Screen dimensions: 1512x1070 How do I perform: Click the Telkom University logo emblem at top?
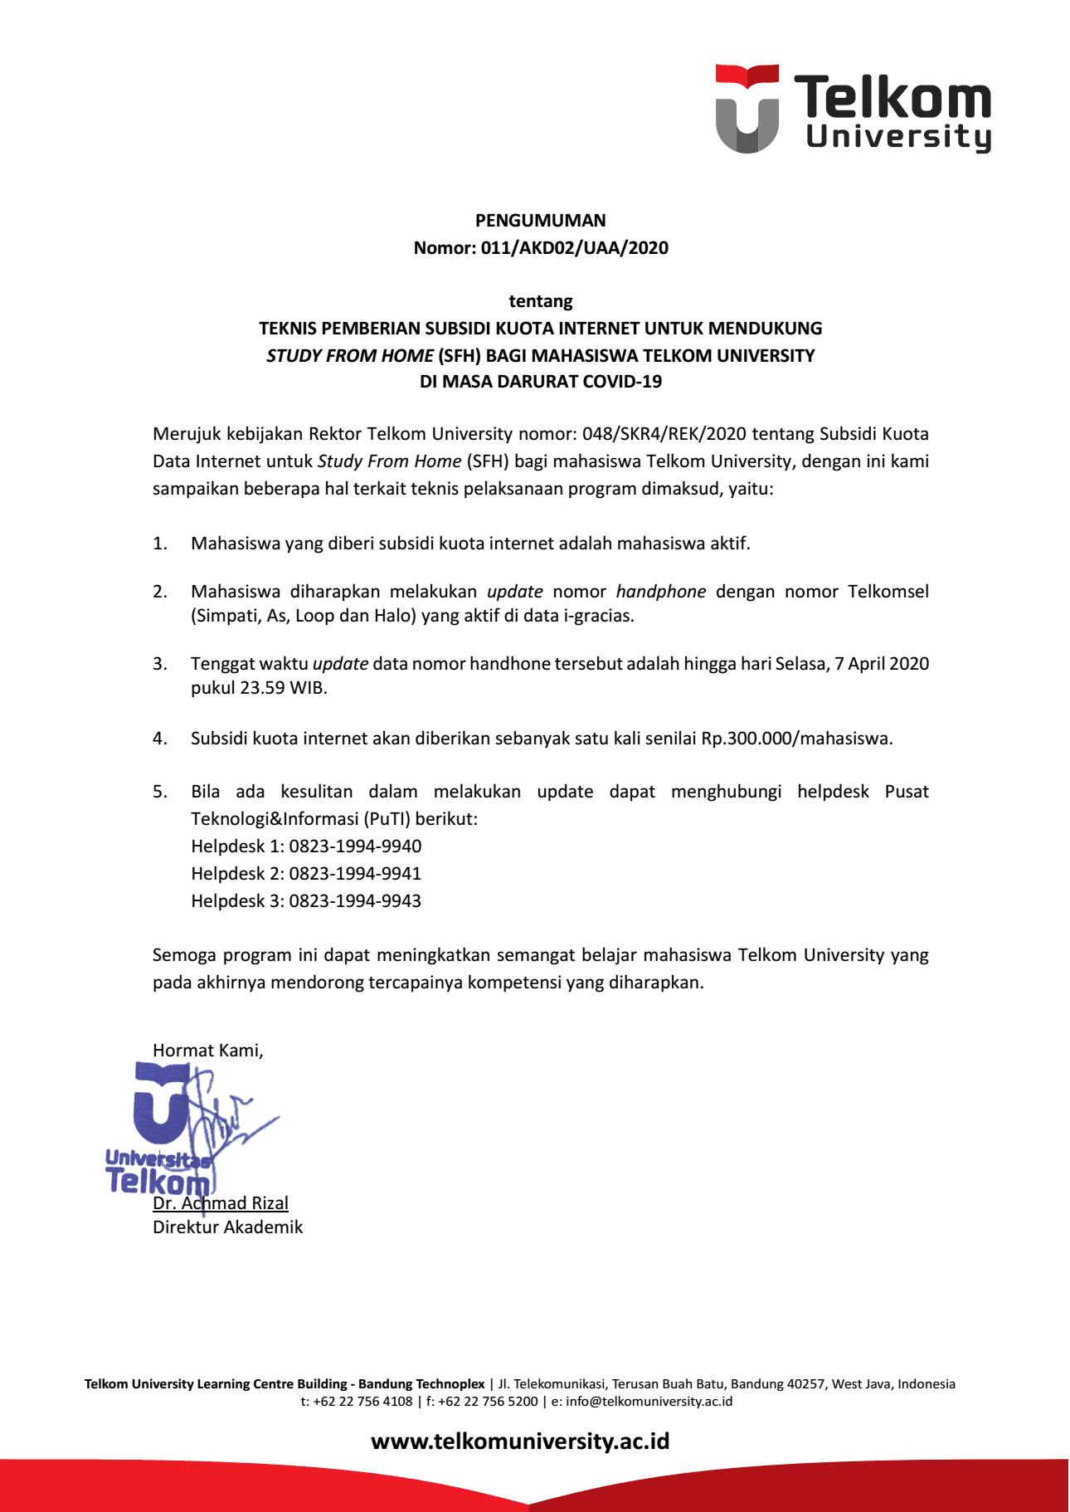(747, 109)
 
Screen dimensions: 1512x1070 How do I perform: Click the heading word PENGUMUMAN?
(540, 221)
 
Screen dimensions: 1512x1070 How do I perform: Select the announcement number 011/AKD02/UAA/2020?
(574, 248)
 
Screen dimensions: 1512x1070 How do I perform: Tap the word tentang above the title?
(540, 301)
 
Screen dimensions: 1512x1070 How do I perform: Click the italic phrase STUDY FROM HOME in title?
(349, 356)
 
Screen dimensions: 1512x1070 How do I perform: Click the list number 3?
(159, 664)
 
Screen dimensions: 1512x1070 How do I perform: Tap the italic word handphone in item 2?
(660, 592)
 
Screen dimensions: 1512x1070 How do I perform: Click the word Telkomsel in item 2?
(888, 592)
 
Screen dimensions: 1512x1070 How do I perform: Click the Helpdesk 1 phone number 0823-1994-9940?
(355, 846)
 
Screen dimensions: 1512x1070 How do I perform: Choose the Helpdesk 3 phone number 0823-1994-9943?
(355, 901)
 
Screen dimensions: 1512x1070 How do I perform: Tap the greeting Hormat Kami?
(207, 1051)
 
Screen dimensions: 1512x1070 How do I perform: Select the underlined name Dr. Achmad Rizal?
(221, 1203)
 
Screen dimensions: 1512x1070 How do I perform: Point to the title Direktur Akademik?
(227, 1227)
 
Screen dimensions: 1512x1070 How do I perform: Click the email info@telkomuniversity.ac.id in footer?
(649, 1402)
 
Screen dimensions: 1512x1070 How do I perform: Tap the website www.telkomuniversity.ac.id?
(520, 1441)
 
